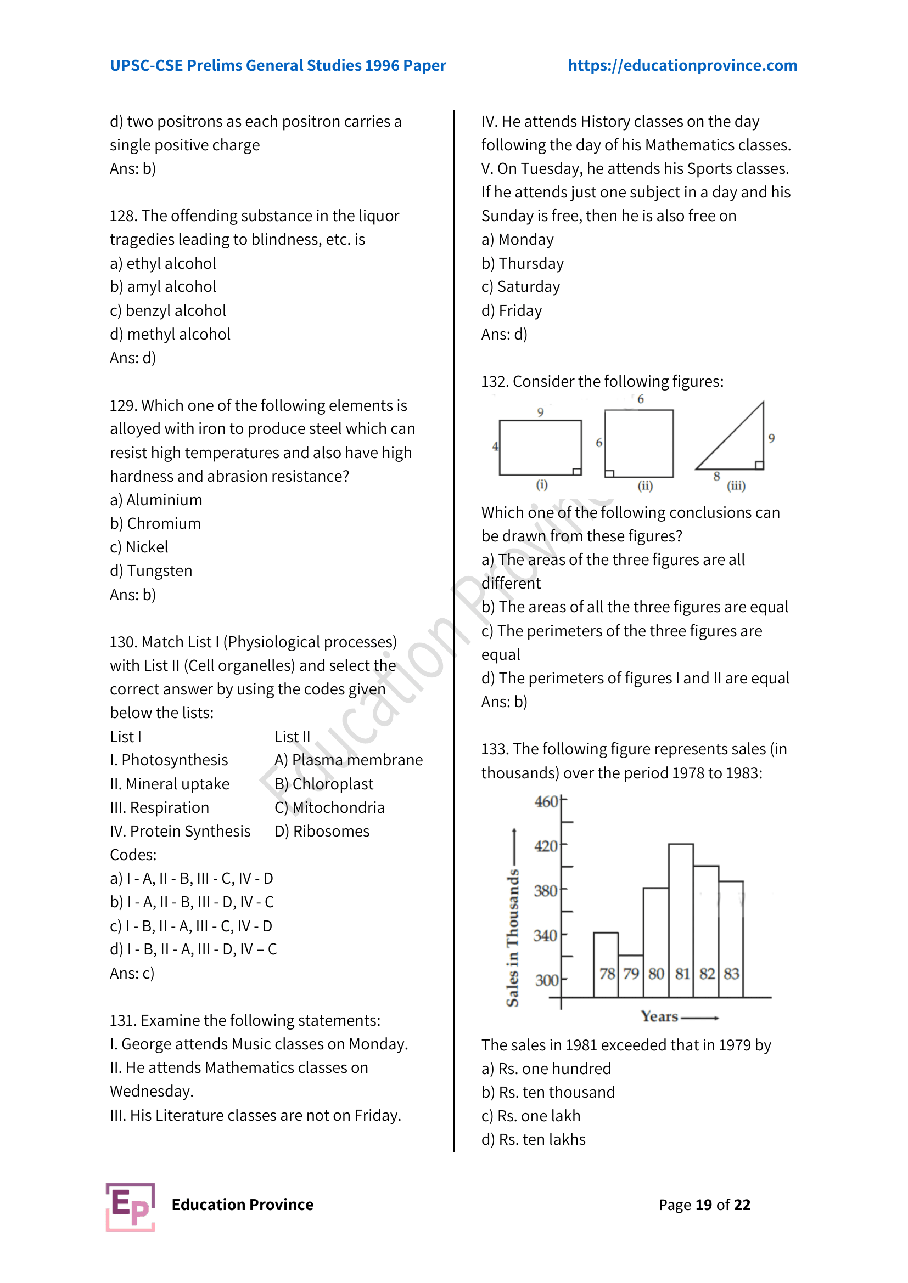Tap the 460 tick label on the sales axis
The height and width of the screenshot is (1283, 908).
[546, 801]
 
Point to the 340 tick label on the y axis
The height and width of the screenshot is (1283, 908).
[545, 935]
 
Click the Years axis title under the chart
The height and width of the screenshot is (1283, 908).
[660, 1016]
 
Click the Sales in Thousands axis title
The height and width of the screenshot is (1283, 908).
[512, 939]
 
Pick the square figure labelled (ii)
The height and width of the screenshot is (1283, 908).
[639, 443]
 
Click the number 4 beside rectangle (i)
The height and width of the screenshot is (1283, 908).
[495, 446]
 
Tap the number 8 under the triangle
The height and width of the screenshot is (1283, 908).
[716, 477]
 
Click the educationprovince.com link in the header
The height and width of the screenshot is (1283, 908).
[682, 65]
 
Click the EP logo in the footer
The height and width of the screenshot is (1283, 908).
[131, 1206]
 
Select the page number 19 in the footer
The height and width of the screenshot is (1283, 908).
[703, 1205]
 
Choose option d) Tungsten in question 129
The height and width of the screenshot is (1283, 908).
[151, 570]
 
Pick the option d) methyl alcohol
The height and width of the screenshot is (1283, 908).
[170, 334]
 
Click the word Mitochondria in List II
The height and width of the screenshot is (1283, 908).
[338, 807]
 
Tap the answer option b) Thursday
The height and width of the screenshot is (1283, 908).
[522, 263]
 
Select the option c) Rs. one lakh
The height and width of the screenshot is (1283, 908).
[531, 1116]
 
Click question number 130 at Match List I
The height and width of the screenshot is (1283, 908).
[123, 642]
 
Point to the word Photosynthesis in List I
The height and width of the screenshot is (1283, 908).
[175, 760]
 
